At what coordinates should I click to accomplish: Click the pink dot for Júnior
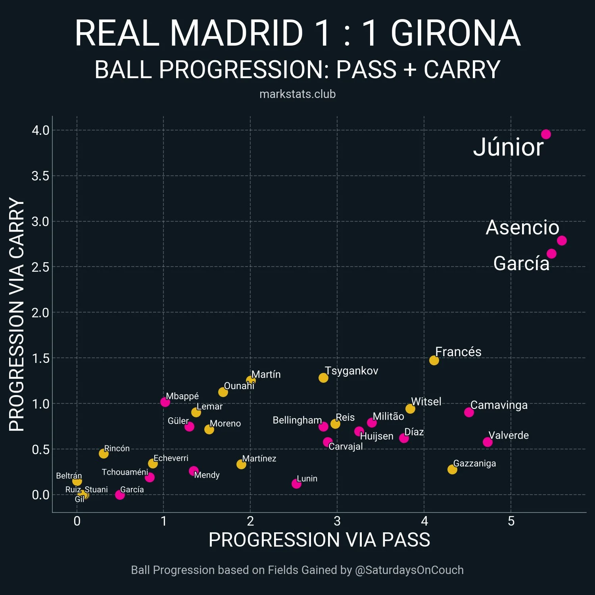(x=546, y=134)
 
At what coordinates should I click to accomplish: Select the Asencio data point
(x=562, y=240)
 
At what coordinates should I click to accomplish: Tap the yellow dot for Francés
(x=434, y=360)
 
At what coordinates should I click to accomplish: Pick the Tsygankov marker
(x=323, y=378)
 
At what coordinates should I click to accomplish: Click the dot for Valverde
(x=488, y=442)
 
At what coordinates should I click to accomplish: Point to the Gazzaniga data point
(x=452, y=469)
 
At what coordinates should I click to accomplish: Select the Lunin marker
(x=296, y=484)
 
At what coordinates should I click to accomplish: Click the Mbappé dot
(x=165, y=402)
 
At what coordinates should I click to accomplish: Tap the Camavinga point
(x=469, y=412)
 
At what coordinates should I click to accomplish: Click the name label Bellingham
(x=297, y=420)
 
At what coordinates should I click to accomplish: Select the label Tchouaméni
(x=125, y=472)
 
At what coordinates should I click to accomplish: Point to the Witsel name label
(x=426, y=402)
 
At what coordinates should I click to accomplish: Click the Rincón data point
(x=104, y=453)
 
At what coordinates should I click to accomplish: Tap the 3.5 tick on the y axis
(x=40, y=176)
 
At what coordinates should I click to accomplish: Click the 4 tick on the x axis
(x=424, y=521)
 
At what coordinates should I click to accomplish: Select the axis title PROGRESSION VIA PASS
(x=319, y=540)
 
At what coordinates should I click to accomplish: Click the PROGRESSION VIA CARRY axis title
(x=17, y=314)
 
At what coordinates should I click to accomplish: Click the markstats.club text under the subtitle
(x=297, y=94)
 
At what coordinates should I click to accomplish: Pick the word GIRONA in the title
(x=455, y=33)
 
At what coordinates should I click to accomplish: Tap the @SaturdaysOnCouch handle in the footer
(x=409, y=570)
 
